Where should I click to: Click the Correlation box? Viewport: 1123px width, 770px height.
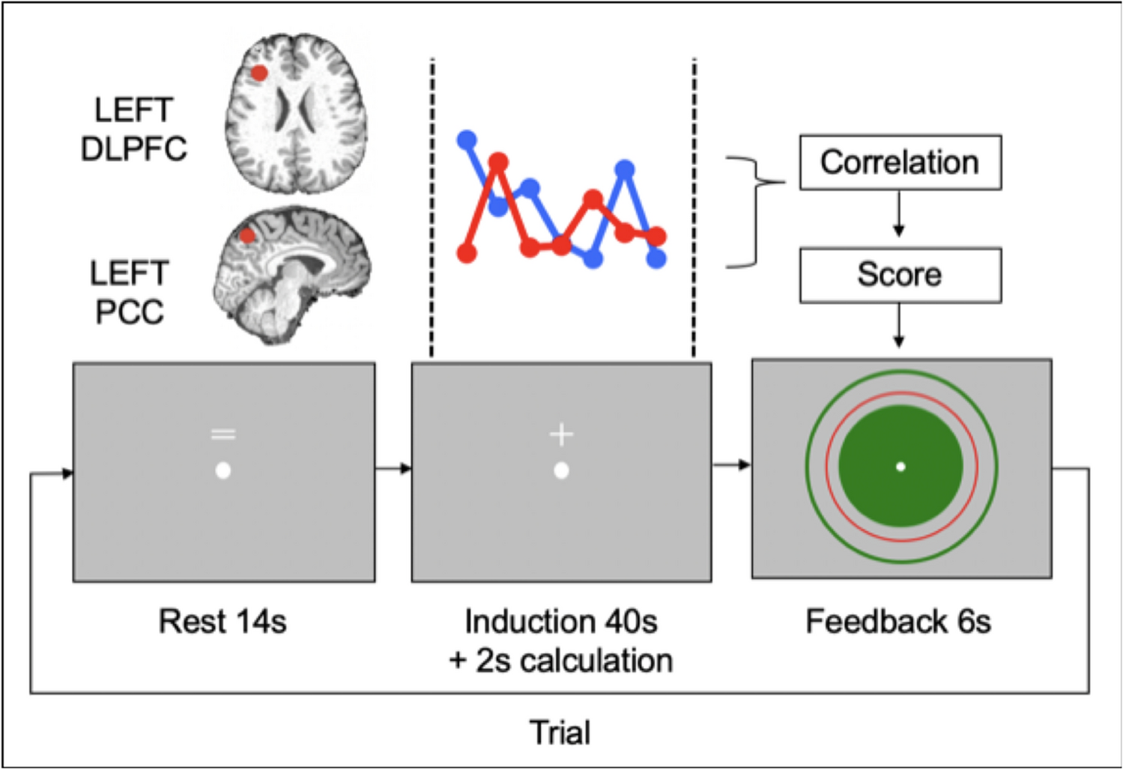click(x=900, y=163)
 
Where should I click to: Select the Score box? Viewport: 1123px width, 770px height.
click(x=900, y=275)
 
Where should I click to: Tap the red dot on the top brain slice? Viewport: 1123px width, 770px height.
click(x=259, y=73)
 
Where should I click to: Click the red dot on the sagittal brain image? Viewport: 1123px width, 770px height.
click(x=247, y=236)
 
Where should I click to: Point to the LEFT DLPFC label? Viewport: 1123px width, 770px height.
click(x=133, y=130)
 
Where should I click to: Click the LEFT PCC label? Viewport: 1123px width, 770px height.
click(x=129, y=292)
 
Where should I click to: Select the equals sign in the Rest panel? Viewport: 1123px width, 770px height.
click(x=223, y=434)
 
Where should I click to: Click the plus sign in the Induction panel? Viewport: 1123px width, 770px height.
click(x=561, y=434)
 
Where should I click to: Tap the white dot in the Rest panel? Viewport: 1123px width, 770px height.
click(x=223, y=471)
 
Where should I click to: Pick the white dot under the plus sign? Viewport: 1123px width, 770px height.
click(x=561, y=471)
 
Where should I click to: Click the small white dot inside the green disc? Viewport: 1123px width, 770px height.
click(x=900, y=467)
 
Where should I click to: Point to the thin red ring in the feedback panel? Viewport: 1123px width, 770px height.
click(x=827, y=466)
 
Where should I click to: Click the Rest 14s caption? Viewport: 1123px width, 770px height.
click(x=223, y=622)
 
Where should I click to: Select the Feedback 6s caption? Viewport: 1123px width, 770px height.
click(x=898, y=622)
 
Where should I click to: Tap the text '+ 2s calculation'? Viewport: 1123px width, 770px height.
click(x=561, y=661)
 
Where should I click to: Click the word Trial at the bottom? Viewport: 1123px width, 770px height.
click(x=560, y=733)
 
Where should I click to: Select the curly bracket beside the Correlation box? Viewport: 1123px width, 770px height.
click(x=755, y=211)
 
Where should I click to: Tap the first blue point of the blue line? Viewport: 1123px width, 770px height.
click(x=467, y=139)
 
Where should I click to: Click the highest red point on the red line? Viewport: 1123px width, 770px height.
click(x=498, y=162)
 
